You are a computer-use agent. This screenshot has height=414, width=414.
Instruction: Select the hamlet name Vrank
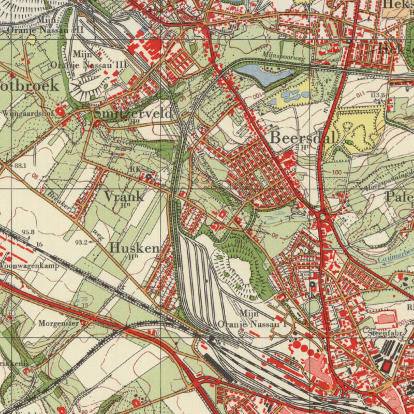[124, 196]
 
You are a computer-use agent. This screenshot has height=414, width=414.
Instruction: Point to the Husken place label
[134, 248]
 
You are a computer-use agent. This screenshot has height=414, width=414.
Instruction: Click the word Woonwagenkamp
[29, 265]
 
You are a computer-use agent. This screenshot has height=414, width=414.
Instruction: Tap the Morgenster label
[58, 323]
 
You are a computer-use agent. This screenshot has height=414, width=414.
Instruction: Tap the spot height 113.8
[377, 95]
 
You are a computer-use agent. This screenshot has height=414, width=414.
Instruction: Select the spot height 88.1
[20, 166]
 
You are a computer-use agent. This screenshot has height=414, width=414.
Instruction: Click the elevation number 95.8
[28, 232]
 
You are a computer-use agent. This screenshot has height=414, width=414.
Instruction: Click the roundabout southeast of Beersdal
[323, 217]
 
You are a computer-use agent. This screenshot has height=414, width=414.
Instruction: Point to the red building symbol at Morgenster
[83, 324]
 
